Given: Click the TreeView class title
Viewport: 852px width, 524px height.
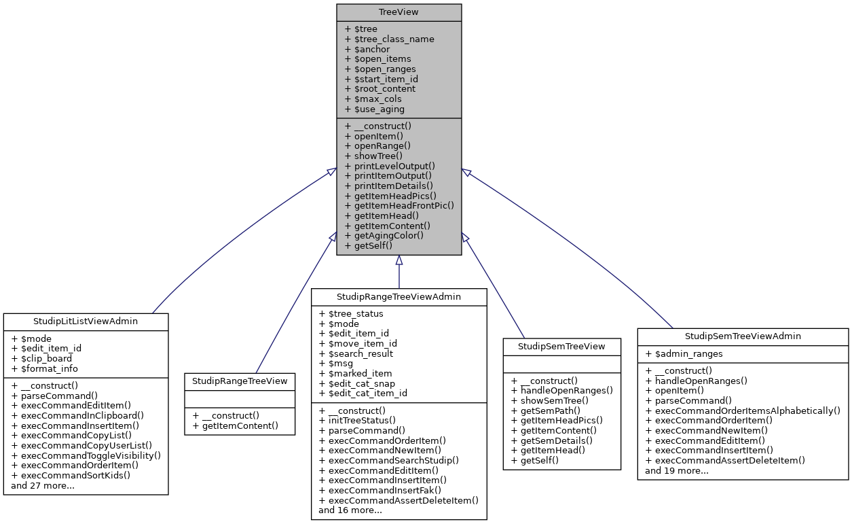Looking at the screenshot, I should (x=399, y=12).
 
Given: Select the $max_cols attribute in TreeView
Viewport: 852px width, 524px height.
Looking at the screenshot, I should (x=373, y=99).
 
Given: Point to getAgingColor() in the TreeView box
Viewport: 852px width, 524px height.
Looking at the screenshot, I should (x=384, y=235).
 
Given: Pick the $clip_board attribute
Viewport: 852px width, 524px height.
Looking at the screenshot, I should (x=41, y=358).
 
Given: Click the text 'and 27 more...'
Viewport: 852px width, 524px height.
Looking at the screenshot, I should (x=43, y=485).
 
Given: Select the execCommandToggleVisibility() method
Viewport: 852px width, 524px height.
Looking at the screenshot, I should (x=86, y=455).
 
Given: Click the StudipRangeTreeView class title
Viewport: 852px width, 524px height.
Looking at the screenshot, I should (x=240, y=381).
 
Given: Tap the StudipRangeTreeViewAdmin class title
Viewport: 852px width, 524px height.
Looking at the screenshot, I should (x=399, y=296).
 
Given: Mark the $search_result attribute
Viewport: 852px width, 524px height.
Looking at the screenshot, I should (x=356, y=353).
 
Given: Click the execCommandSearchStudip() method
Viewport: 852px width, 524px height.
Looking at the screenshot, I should (x=388, y=459).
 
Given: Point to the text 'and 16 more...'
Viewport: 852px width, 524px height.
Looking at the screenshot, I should (x=350, y=510).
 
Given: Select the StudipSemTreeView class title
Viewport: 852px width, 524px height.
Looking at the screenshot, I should (x=561, y=346).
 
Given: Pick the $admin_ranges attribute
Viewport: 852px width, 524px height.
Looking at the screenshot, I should (x=684, y=353).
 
